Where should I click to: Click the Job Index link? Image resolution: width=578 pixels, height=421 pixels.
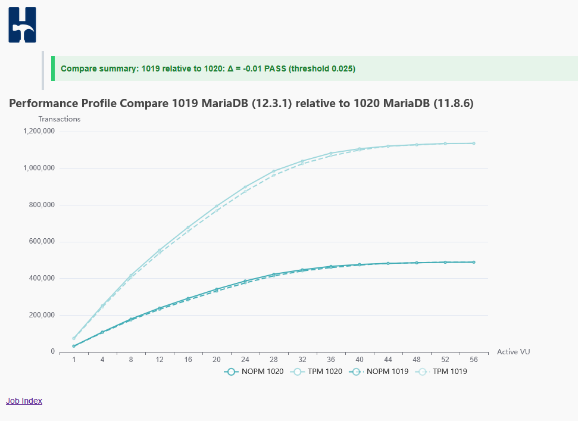coord(24,401)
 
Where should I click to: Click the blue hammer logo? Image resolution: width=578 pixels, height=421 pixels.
coord(22,24)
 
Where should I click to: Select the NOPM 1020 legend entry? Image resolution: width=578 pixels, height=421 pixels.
coord(254,372)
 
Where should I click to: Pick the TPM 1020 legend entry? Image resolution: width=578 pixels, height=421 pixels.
coord(316,372)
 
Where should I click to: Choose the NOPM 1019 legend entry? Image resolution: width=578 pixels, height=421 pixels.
coord(379,372)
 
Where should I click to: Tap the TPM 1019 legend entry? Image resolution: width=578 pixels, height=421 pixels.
coord(441,372)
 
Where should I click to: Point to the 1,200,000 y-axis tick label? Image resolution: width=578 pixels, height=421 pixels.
coord(39,131)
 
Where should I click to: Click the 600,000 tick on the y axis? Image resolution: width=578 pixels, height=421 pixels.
coord(42,242)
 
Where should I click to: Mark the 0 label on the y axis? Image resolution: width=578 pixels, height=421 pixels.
coord(53,352)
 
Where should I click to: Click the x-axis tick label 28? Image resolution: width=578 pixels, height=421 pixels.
coord(273,360)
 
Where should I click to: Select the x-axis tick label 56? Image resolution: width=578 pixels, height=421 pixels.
coord(474,360)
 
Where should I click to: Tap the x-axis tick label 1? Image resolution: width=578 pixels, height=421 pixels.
coord(74,360)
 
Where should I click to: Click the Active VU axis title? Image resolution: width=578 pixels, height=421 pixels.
coord(514,352)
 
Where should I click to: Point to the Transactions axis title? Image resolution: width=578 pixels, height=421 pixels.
coord(60,118)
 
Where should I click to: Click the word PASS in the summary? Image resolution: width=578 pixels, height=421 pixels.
coord(275,68)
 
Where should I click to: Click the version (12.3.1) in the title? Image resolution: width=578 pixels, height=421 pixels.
coord(271,103)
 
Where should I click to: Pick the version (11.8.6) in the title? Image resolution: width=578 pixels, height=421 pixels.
coord(454,103)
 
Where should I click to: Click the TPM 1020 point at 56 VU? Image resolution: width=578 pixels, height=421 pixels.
coord(474,144)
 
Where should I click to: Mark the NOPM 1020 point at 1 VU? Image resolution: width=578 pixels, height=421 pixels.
coord(74,346)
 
